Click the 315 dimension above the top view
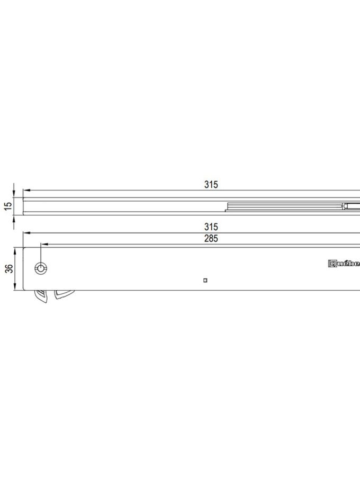click(x=211, y=185)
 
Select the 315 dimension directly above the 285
click(x=211, y=227)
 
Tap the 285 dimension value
click(x=211, y=238)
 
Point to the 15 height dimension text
click(x=8, y=205)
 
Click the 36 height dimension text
click(x=8, y=268)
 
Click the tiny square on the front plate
click(x=205, y=281)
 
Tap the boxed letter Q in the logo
click(x=333, y=263)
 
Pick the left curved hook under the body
click(x=40, y=297)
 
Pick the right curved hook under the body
click(x=61, y=295)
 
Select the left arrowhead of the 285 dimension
click(x=44, y=244)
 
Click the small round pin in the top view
click(x=345, y=206)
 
